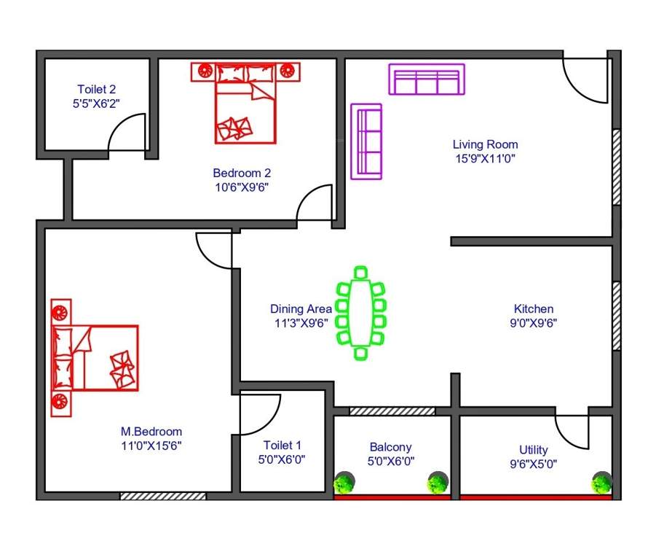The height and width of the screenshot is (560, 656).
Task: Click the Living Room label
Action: pyautogui.click(x=485, y=144)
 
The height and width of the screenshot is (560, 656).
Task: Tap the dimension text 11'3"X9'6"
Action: pyautogui.click(x=300, y=322)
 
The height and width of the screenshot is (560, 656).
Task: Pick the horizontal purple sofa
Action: pyautogui.click(x=427, y=79)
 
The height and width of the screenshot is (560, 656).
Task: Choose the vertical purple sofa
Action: pyautogui.click(x=367, y=141)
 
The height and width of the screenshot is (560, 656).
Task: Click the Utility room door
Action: pyautogui.click(x=573, y=432)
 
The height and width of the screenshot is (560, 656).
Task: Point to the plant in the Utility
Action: pyautogui.click(x=602, y=482)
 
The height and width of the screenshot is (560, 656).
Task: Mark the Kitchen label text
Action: pyautogui.click(x=533, y=309)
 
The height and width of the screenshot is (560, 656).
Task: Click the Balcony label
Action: pyautogui.click(x=390, y=447)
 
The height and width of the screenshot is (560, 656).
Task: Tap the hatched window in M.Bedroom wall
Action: pyautogui.click(x=163, y=496)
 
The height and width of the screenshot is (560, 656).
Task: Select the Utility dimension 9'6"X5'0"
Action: pyautogui.click(x=533, y=463)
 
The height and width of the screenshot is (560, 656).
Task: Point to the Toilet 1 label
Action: pyautogui.click(x=282, y=445)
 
